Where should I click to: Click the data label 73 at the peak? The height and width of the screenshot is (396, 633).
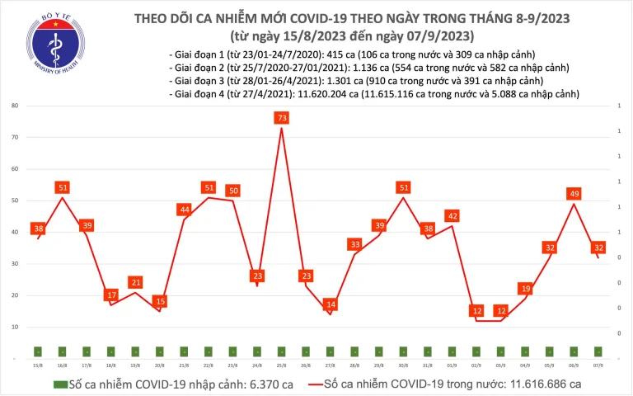pos(282,119)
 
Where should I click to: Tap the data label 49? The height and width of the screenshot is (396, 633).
pos(574,194)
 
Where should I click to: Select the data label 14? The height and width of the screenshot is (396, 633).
pos(331,304)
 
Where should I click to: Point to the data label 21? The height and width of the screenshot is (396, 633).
pos(136,282)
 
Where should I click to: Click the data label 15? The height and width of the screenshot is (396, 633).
pos(160,301)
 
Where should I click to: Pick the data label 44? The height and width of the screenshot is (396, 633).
pos(185,210)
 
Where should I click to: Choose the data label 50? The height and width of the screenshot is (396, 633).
pos(233,191)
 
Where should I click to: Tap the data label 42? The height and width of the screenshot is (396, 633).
pos(452,216)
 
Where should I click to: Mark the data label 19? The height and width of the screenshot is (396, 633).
pos(525,289)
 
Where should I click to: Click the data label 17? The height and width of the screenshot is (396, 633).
pos(111,295)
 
